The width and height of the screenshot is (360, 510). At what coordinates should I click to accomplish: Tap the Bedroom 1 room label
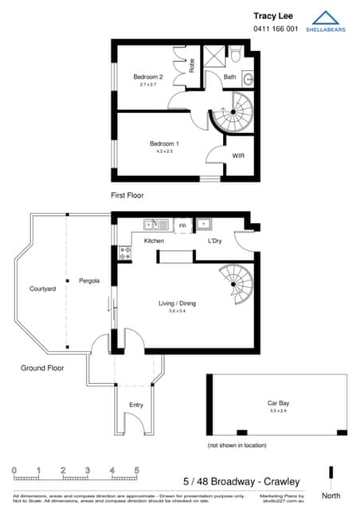[164, 144]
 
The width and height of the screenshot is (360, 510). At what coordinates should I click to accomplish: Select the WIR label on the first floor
[237, 155]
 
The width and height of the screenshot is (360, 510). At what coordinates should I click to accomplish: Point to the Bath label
[229, 77]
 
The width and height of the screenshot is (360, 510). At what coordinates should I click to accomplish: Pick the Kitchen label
[154, 241]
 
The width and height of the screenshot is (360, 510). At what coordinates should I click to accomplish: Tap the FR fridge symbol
[182, 226]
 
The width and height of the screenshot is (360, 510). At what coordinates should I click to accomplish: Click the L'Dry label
[214, 241]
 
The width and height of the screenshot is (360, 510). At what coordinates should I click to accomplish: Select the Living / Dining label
[177, 303]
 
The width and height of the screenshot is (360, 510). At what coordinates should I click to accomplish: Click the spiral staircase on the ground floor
[237, 284]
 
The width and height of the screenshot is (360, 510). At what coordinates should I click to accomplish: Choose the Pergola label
[88, 281]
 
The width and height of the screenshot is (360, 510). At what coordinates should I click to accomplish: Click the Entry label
[136, 405]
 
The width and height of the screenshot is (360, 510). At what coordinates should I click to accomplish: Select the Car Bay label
[277, 404]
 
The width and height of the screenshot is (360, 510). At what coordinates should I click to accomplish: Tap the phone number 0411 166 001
[275, 29]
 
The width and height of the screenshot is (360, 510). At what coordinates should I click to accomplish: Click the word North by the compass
[333, 496]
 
